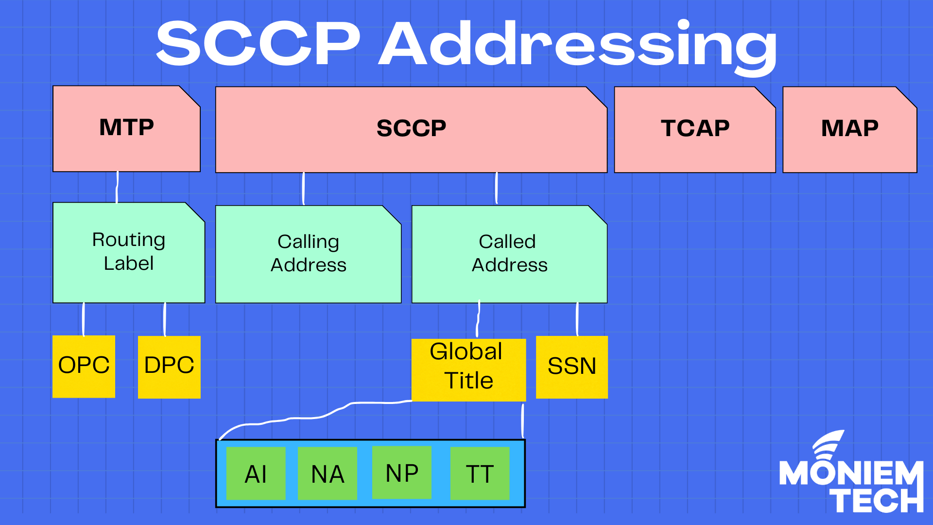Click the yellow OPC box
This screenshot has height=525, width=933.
tap(84, 367)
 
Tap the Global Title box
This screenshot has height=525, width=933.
tap(468, 369)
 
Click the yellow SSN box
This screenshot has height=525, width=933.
tap(571, 367)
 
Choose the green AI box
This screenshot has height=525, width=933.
tap(256, 473)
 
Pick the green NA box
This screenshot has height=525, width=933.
tap(327, 473)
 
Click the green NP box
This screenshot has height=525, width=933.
tap(401, 472)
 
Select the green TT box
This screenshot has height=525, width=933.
tap(480, 473)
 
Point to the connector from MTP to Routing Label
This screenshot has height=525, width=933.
tap(117, 187)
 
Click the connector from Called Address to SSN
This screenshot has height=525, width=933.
tap(577, 319)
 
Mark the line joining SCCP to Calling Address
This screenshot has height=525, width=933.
tap(304, 189)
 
